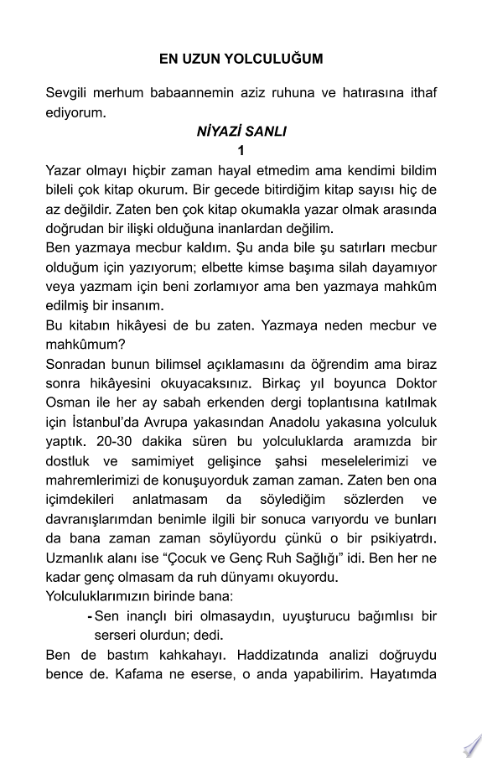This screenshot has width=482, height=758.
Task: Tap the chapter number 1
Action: coord(241,151)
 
